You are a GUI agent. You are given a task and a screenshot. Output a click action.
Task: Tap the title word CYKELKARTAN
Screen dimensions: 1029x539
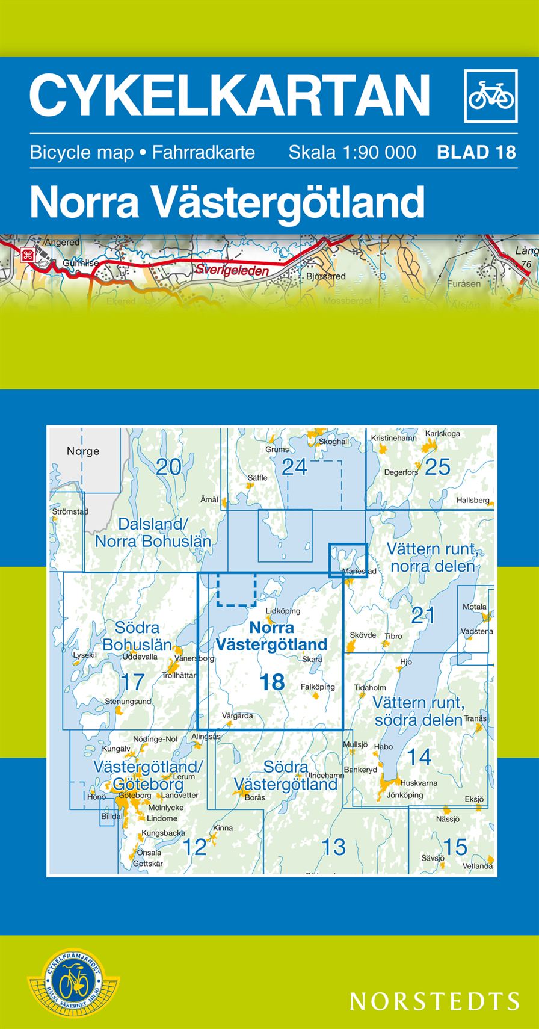coord(230,94)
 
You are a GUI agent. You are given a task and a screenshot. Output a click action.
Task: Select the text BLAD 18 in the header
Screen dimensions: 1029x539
coord(476,152)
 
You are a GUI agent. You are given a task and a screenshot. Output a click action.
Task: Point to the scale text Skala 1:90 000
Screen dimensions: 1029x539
coord(352,152)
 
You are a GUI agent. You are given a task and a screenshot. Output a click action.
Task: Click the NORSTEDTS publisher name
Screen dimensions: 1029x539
coord(434,1000)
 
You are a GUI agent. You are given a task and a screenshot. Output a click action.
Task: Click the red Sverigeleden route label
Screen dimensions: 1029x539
coord(231,271)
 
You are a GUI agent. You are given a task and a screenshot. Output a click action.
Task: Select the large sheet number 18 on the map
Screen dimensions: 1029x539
coord(272,682)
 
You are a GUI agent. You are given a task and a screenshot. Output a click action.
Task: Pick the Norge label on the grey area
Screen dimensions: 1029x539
coord(83,451)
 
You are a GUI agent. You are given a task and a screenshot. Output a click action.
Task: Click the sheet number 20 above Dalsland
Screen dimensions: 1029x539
coord(168,466)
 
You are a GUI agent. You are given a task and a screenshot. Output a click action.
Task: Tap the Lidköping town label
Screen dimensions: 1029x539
coord(282,611)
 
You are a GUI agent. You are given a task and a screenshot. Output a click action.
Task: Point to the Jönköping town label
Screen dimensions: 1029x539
coord(405,795)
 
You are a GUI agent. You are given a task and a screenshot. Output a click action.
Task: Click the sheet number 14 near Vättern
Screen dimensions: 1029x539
coord(419,756)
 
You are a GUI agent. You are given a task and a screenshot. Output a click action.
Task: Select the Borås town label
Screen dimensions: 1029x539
coord(255,797)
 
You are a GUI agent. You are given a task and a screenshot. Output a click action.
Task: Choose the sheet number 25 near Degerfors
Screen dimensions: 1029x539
coord(437,466)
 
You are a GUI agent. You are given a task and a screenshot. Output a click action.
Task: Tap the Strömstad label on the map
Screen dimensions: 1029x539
coord(70,511)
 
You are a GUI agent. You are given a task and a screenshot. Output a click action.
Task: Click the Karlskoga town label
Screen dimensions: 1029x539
coord(442,433)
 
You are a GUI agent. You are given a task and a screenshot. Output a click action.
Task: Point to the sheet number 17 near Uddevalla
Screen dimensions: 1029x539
coord(133,682)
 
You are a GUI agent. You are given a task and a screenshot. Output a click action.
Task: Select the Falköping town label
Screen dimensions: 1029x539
coord(317,687)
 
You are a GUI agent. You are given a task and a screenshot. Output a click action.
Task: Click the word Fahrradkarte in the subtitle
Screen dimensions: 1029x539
coord(203,152)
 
